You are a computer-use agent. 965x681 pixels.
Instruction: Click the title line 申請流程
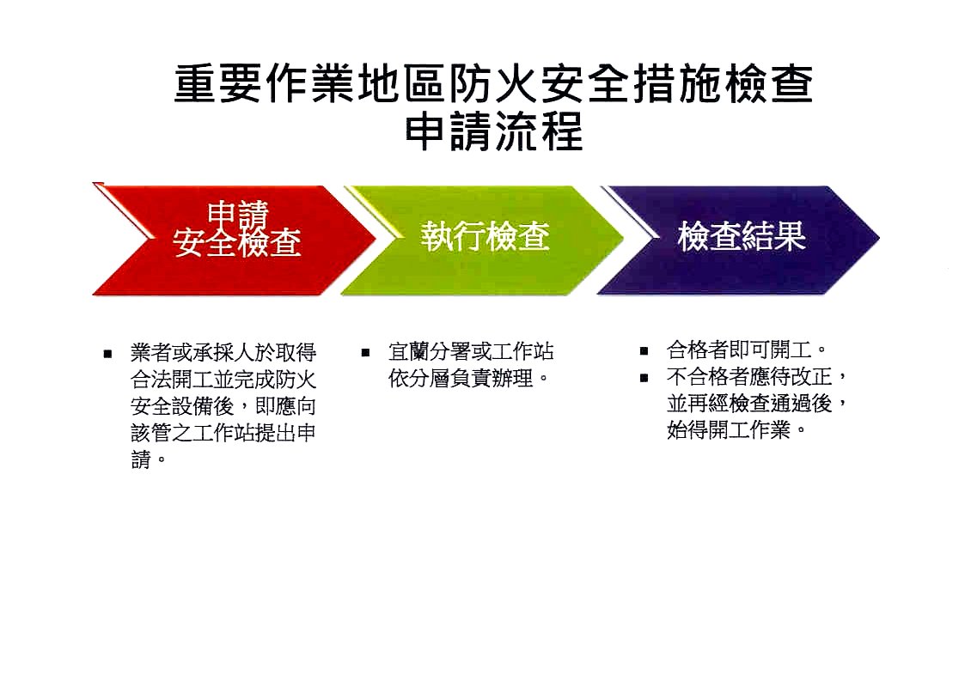click(x=493, y=133)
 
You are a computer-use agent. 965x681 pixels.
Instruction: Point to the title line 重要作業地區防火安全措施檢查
click(x=493, y=86)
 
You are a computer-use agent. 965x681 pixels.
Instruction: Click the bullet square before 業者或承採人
click(x=107, y=353)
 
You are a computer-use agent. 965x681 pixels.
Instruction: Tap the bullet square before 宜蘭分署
click(x=365, y=352)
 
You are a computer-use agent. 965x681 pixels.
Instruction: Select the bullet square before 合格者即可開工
click(x=644, y=351)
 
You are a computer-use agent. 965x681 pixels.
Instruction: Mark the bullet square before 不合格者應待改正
click(x=644, y=377)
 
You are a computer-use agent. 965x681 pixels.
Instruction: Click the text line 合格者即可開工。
click(x=746, y=350)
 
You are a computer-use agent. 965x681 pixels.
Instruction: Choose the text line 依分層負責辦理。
click(x=468, y=378)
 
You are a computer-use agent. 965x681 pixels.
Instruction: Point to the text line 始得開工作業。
click(x=736, y=429)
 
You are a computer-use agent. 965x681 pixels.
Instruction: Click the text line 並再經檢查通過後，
click(x=757, y=404)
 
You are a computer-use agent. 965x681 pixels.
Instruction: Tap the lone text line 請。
click(x=148, y=459)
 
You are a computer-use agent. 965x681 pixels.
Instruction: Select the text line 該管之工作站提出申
click(x=223, y=433)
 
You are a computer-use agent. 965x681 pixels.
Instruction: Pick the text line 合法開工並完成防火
click(x=223, y=379)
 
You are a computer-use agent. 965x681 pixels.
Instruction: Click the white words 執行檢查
click(x=485, y=236)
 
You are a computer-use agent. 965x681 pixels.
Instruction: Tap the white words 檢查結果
click(x=741, y=237)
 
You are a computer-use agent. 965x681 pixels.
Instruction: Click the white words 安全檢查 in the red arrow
click(x=236, y=243)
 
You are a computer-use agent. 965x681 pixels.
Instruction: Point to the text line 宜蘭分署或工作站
click(x=471, y=351)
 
